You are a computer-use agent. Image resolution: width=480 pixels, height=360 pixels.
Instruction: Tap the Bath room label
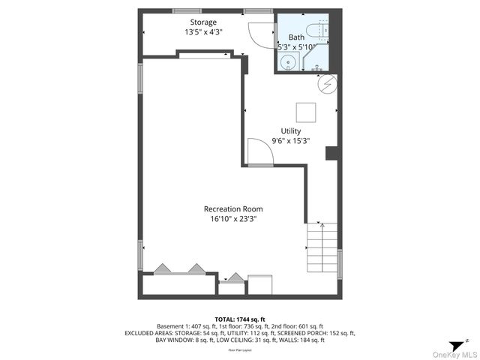[296, 37]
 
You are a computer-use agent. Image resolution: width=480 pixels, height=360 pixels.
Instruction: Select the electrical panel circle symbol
[327, 84]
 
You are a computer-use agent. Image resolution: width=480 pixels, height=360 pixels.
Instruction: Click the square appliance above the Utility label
[306, 112]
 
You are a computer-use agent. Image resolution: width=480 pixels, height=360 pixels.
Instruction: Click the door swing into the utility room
[259, 154]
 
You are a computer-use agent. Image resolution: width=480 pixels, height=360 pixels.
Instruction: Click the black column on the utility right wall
[331, 153]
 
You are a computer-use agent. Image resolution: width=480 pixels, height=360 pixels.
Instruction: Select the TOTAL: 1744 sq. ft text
[240, 319]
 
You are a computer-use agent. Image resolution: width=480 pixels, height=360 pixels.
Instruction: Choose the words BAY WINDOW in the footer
[172, 340]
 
